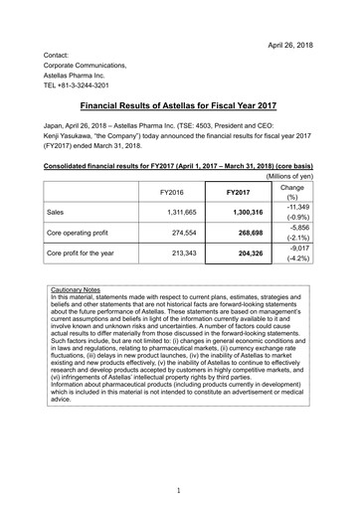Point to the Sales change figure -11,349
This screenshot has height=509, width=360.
(x=300, y=179)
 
